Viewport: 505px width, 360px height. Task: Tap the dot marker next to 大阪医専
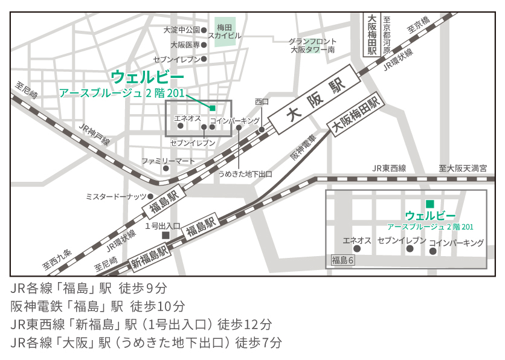[204, 45]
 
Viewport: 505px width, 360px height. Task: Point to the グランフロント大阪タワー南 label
[312, 45]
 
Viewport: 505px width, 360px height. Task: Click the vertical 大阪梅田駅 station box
[372, 35]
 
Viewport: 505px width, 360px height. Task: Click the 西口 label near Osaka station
[262, 101]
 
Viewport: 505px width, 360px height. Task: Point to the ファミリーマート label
[169, 161]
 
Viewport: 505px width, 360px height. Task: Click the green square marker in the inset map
[430, 204]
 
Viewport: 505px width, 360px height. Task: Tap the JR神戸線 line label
[94, 133]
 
